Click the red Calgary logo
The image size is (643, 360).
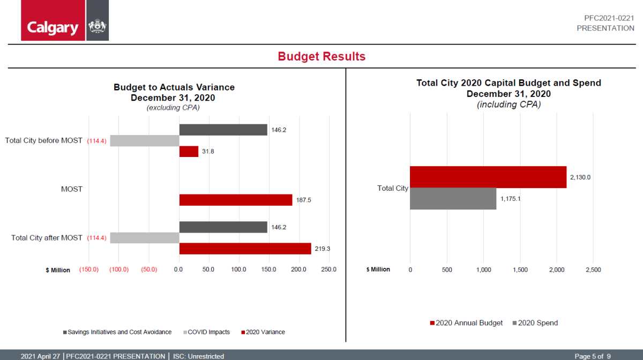tap(53, 21)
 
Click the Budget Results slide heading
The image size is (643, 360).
tap(322, 56)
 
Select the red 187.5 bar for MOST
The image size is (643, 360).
tap(236, 200)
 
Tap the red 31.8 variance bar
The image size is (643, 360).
tap(189, 152)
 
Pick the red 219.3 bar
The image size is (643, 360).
tap(245, 249)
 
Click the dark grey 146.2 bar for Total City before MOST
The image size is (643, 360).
tap(223, 130)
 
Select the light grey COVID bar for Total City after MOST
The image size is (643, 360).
tap(145, 238)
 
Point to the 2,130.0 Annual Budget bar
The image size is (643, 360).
tap(488, 177)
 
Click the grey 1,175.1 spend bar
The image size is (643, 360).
tap(453, 199)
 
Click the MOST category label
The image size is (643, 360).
tap(72, 189)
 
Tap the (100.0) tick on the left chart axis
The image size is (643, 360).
tap(119, 269)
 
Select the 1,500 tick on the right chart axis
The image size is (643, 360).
tap(520, 269)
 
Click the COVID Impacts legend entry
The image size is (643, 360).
tap(208, 332)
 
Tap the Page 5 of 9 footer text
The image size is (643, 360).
tap(593, 356)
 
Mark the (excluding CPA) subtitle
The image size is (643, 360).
tap(174, 108)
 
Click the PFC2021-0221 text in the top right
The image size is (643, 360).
tap(605, 18)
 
